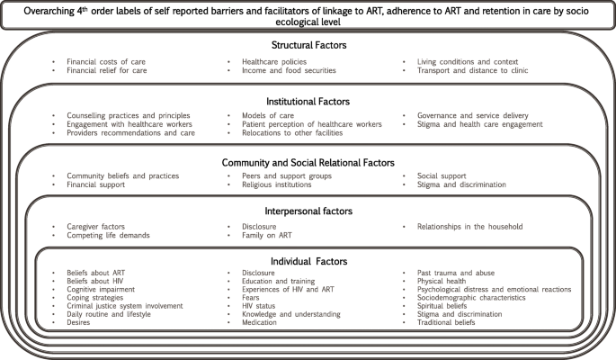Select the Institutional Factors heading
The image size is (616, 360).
(x=308, y=101)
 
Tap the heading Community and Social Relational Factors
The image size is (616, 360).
(x=308, y=162)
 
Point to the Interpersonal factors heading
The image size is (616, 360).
(x=308, y=211)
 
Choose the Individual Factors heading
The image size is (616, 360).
(x=308, y=261)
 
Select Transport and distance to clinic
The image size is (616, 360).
(x=472, y=70)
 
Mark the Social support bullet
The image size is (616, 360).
(x=442, y=175)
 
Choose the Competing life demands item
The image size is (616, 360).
(x=108, y=235)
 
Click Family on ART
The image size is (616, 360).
(x=268, y=235)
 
